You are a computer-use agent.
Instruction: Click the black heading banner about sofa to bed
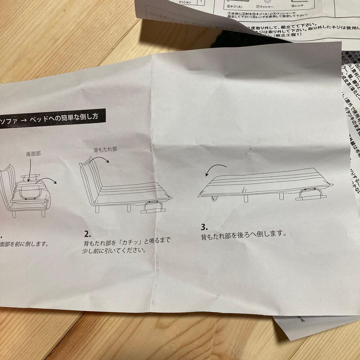[x=53, y=118]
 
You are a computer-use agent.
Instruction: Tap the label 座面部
[x=34, y=155]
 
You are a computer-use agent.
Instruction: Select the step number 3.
[x=204, y=227]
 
